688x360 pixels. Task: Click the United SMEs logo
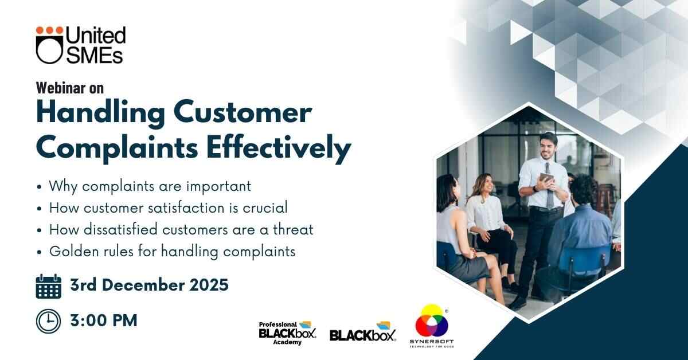pyautogui.click(x=81, y=45)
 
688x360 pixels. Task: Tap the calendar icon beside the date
pyautogui.click(x=49, y=286)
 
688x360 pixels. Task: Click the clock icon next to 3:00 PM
pyautogui.click(x=48, y=321)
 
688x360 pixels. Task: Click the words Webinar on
pyautogui.click(x=70, y=88)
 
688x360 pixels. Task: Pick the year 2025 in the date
pyautogui.click(x=209, y=285)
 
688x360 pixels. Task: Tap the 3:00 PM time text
pyautogui.click(x=104, y=320)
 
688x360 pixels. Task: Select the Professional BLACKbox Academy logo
pyautogui.click(x=287, y=333)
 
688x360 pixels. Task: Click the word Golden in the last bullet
pyautogui.click(x=74, y=252)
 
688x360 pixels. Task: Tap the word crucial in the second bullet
pyautogui.click(x=265, y=208)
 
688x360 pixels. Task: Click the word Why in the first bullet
pyautogui.click(x=64, y=187)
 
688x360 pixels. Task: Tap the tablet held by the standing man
pyautogui.click(x=546, y=179)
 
